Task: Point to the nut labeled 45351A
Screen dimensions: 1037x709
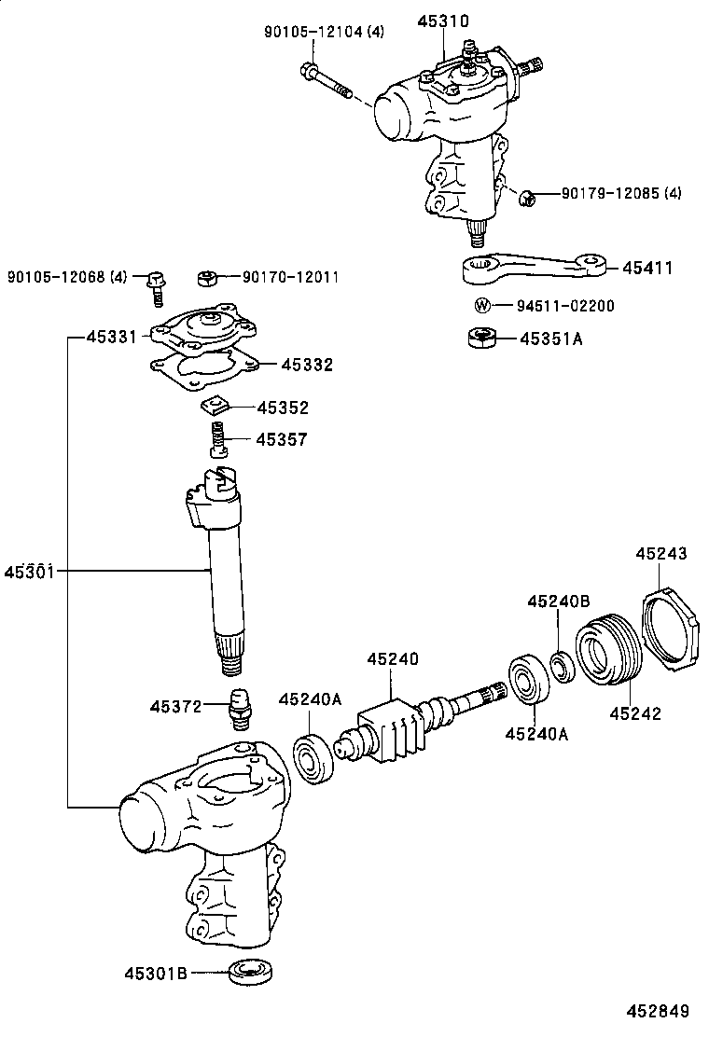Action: point(479,337)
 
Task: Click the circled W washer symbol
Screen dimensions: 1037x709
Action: point(481,306)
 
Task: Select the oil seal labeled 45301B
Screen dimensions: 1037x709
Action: point(251,971)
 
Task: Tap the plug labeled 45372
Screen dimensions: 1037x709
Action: point(241,709)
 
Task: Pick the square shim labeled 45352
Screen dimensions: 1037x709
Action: point(215,408)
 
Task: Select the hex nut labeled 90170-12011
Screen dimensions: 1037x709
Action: point(208,277)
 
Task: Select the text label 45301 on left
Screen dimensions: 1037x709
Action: point(31,570)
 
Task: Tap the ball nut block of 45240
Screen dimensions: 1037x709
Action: point(385,737)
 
